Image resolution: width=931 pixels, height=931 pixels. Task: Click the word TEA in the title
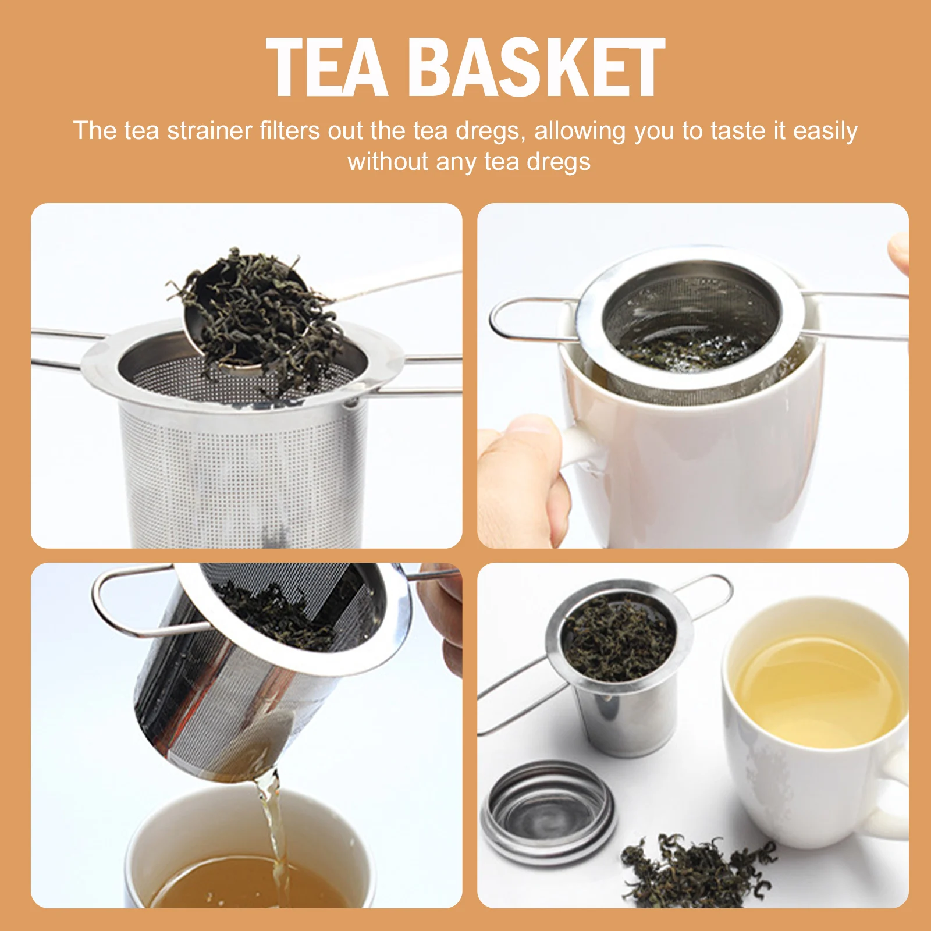point(326,67)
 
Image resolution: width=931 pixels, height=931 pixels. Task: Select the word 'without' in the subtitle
point(387,162)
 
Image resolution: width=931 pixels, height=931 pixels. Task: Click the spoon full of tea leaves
point(256,314)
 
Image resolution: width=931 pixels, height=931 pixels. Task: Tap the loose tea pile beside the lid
point(698,870)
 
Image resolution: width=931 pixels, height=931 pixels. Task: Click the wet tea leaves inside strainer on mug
point(687,349)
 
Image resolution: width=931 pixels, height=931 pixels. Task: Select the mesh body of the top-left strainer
point(244,465)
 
